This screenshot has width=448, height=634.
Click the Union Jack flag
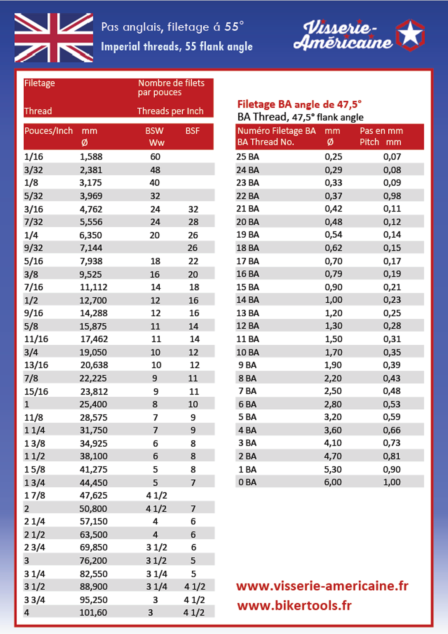(x=54, y=38)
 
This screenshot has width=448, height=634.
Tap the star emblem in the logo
(x=410, y=35)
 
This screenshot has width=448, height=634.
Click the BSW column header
(x=154, y=131)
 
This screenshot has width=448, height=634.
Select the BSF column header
(x=193, y=131)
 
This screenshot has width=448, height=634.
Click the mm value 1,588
(x=91, y=157)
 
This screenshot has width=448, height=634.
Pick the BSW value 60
(x=155, y=157)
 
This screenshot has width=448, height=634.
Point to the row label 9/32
(x=34, y=248)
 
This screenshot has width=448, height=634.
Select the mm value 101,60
(x=93, y=613)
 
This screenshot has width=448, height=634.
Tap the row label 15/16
(x=36, y=392)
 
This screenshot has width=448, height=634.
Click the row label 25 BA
(x=248, y=157)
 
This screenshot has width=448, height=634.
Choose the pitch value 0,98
(x=392, y=196)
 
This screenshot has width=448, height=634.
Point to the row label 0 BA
(x=247, y=482)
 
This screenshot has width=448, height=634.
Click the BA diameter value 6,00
(x=333, y=482)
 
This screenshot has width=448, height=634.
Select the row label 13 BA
(x=248, y=313)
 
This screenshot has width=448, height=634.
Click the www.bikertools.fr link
(x=294, y=606)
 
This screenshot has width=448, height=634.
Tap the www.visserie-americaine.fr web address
(x=322, y=586)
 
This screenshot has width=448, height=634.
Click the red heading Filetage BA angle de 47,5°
(x=299, y=104)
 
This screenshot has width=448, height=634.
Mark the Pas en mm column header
(x=381, y=131)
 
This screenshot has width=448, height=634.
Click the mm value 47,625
(x=94, y=495)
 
